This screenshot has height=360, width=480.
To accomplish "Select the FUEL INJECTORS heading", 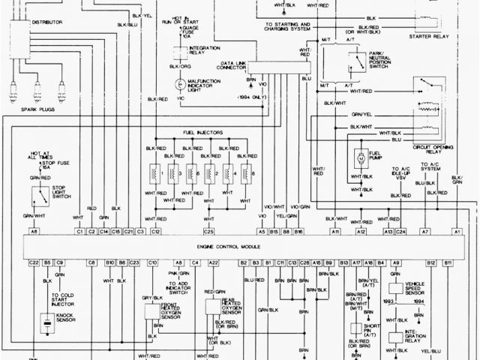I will click(x=202, y=132).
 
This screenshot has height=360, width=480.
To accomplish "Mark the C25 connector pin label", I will click(x=209, y=233).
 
